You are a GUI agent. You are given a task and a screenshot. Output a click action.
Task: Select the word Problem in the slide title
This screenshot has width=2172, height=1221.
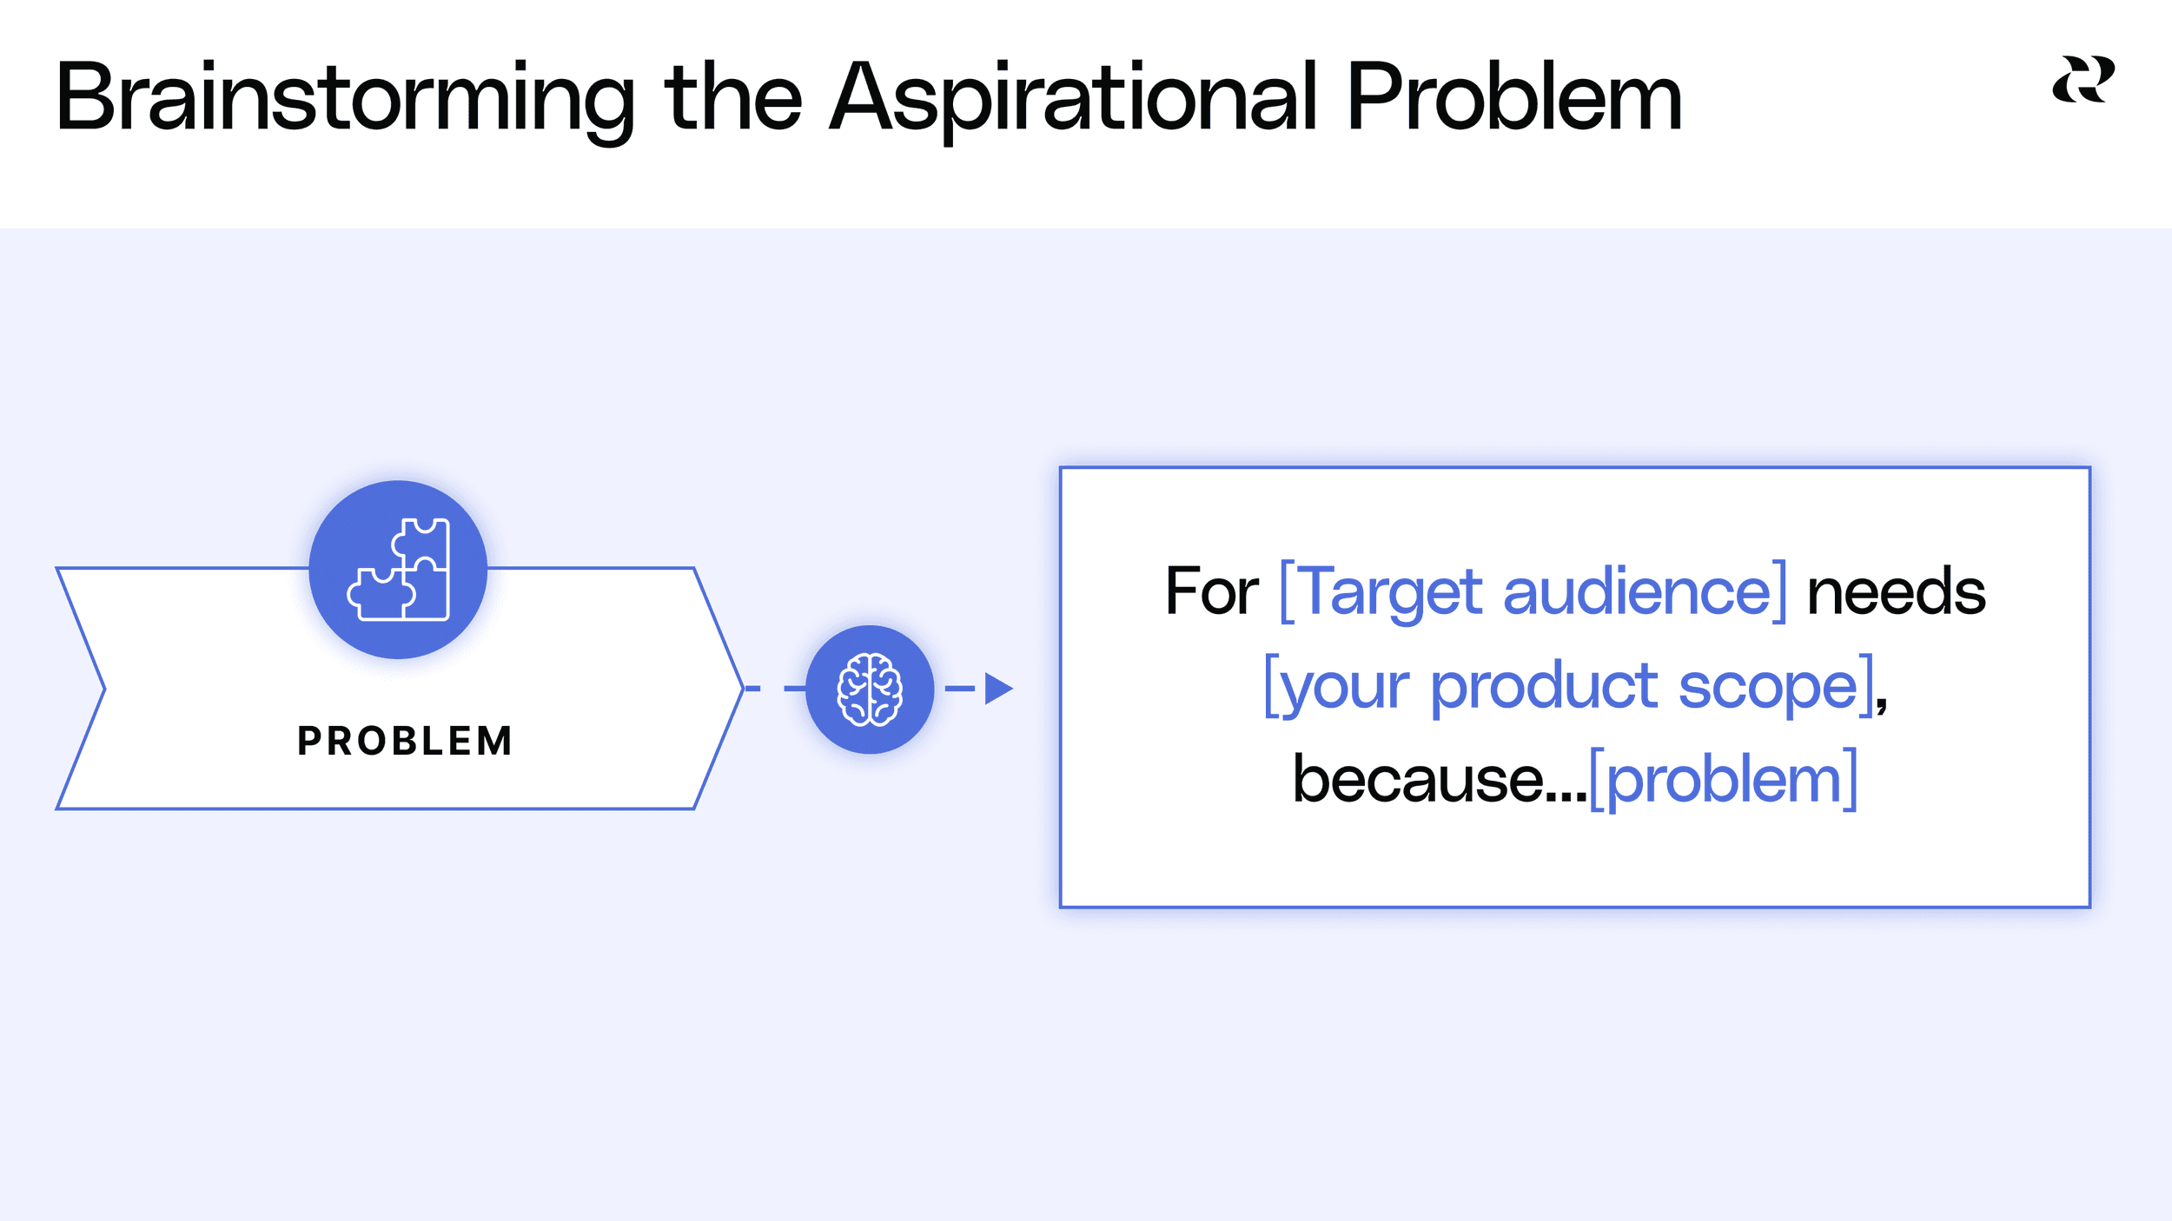1513,97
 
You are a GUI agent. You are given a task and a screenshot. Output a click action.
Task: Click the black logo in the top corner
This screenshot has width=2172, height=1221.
2083,79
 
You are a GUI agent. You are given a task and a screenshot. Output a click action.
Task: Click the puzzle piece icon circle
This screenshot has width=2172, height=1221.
398,570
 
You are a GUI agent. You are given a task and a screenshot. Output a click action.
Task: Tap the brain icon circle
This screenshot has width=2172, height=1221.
870,690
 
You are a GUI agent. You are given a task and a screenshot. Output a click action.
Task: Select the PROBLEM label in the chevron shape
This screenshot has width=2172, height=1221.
405,741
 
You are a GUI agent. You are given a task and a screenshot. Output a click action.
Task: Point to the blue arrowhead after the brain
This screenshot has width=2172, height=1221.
998,689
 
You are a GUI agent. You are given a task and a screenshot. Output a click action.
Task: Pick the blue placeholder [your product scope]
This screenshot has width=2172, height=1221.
1568,686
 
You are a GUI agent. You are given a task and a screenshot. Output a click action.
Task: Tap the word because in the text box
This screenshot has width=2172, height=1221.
1418,779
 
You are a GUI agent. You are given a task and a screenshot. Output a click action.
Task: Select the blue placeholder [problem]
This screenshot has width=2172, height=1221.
1724,779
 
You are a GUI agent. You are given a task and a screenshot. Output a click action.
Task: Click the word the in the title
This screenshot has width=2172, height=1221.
732,97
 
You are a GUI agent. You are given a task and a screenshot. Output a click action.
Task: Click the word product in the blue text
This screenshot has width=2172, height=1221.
1544,686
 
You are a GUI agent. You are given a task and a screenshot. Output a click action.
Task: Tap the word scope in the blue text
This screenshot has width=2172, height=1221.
1769,686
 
